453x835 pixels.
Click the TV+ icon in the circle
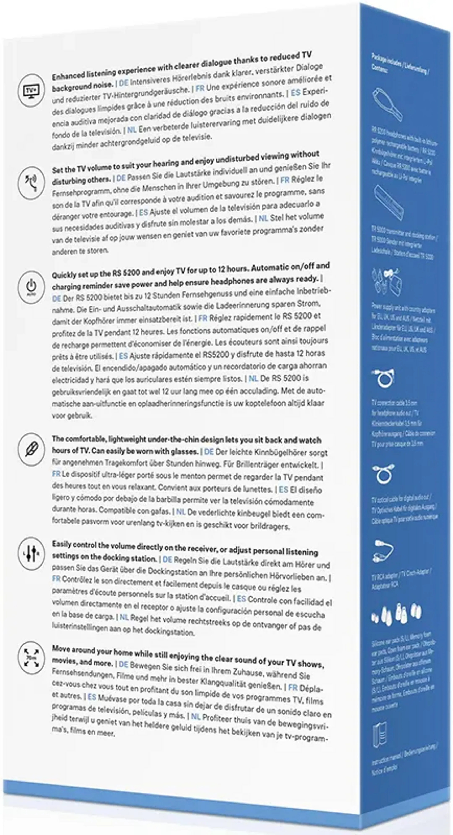31,90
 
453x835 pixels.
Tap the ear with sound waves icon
31,183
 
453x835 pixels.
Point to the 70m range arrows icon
31,658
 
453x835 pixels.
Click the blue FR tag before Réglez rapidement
203,318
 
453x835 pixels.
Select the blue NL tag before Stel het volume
263,218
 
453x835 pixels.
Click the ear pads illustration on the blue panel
397,614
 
